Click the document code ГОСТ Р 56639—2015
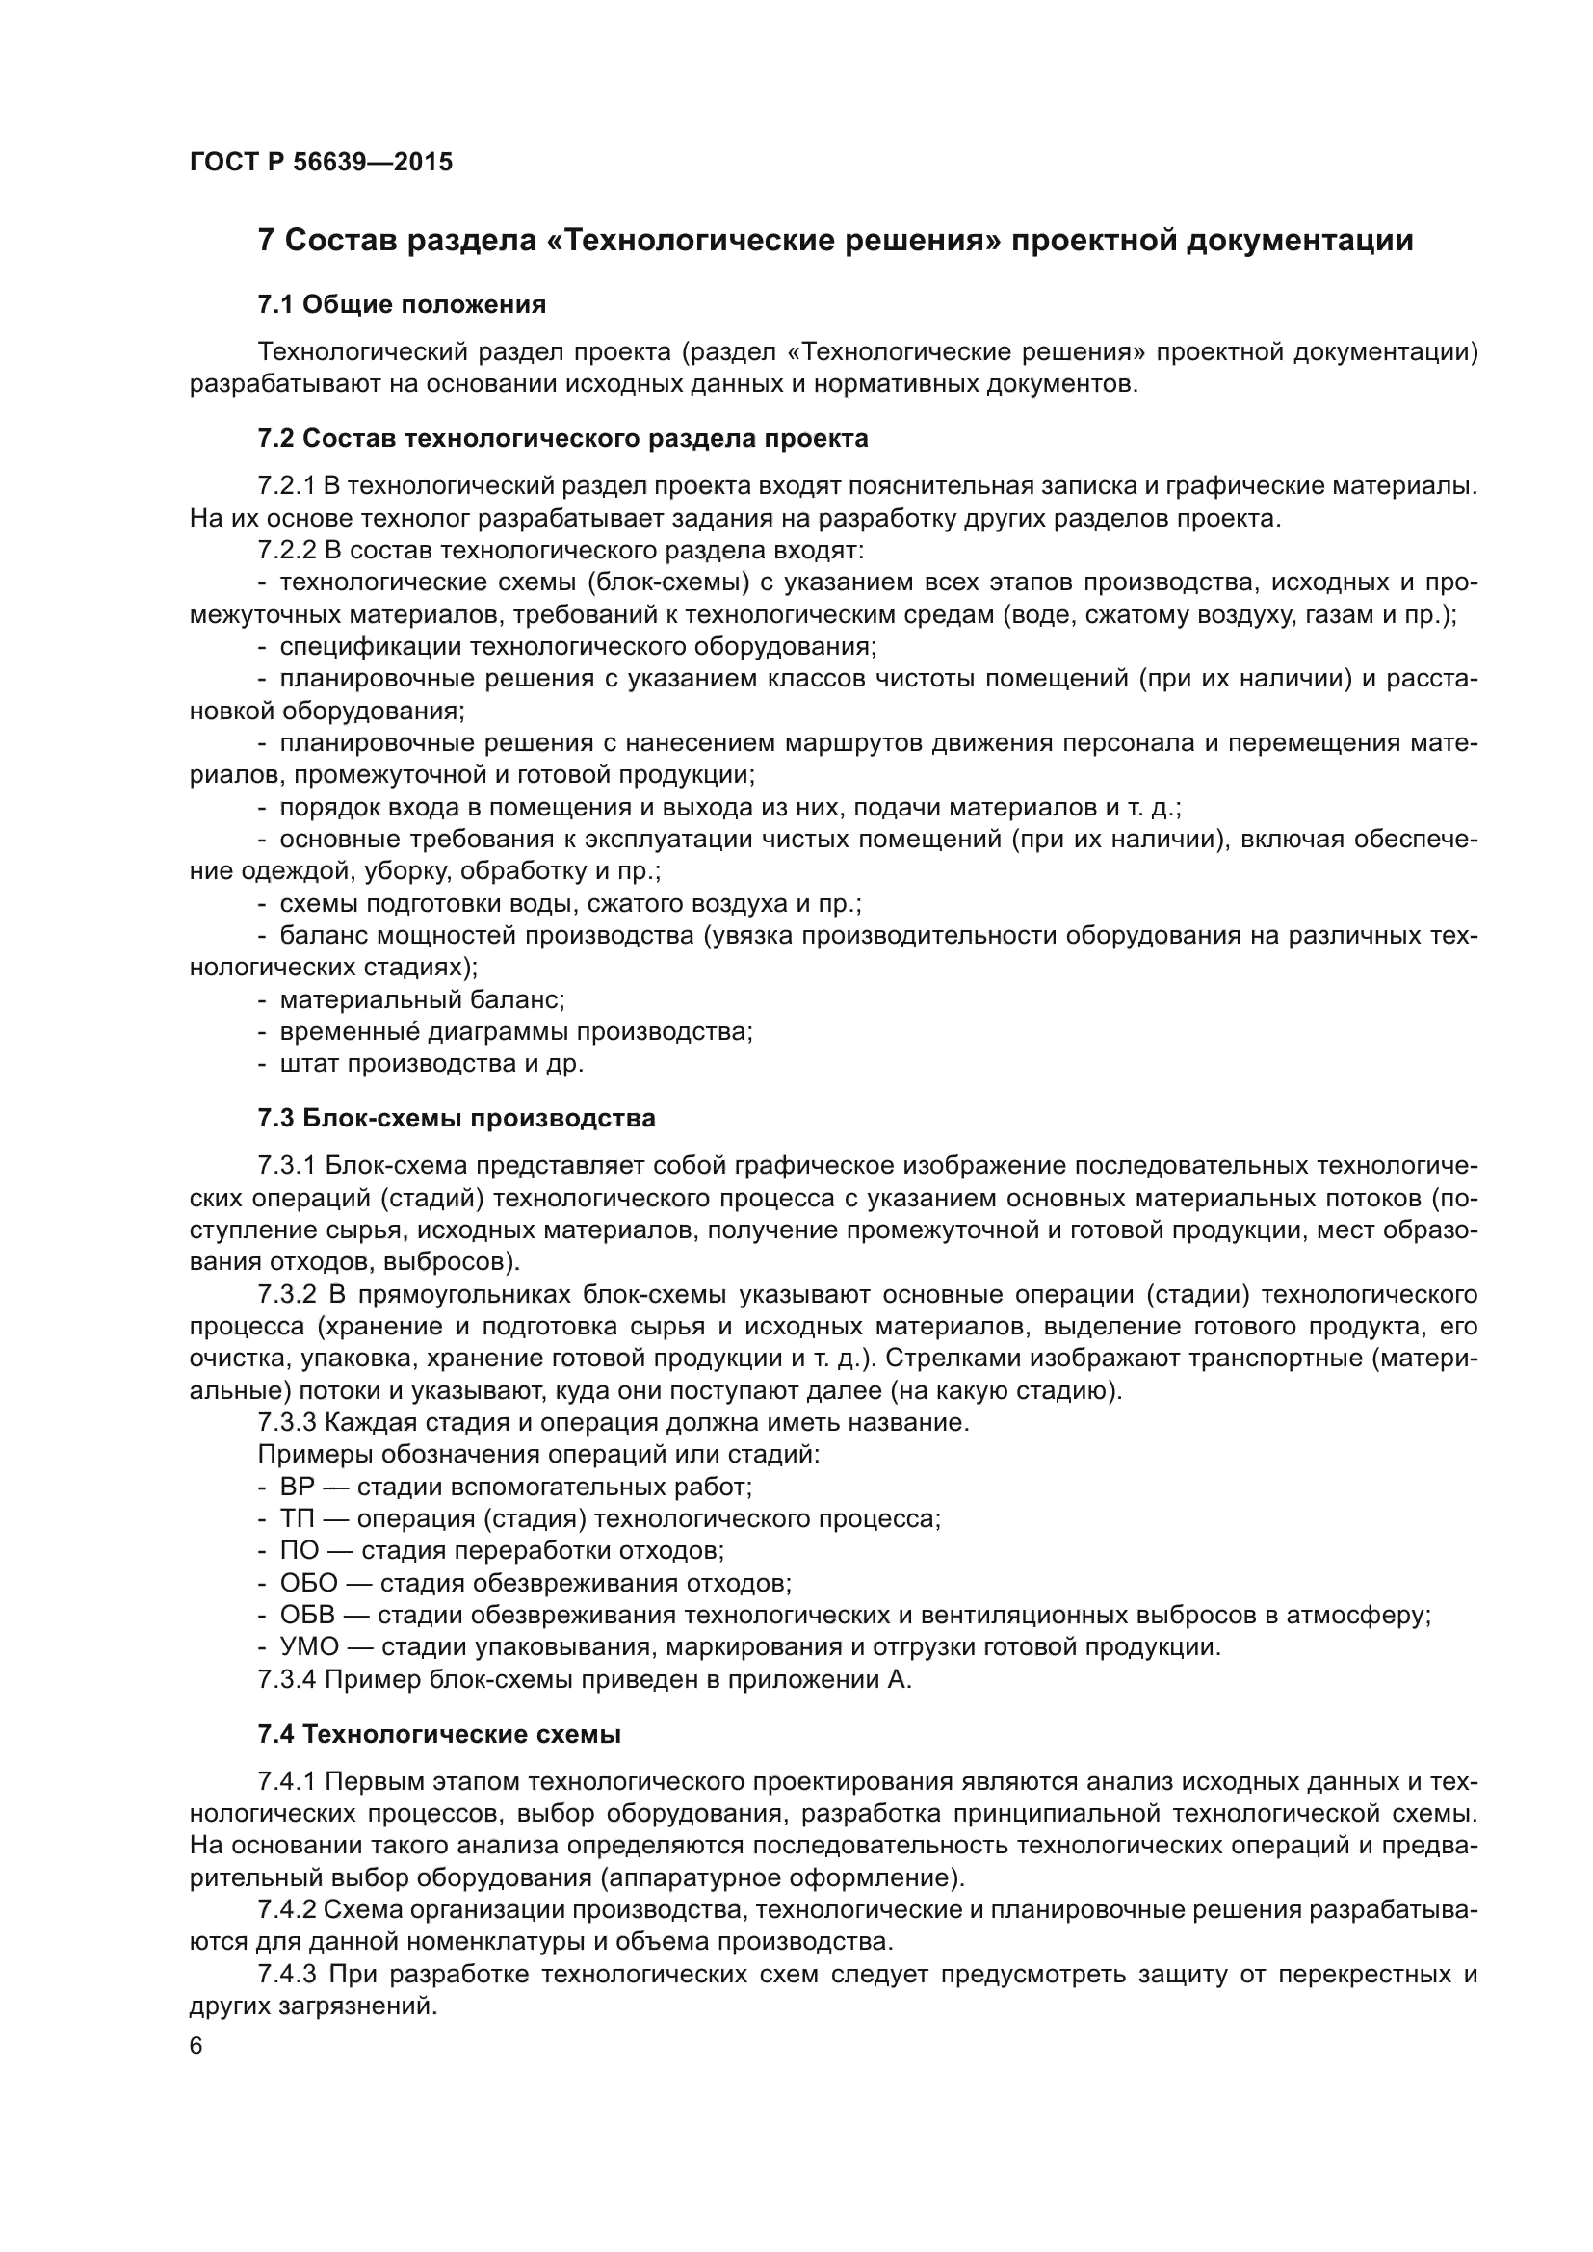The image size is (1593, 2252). (321, 162)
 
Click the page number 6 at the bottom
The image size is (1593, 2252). (196, 2045)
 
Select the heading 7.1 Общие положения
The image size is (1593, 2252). (402, 305)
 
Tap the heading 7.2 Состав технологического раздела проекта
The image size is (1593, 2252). (562, 438)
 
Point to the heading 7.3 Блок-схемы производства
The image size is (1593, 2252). (457, 1118)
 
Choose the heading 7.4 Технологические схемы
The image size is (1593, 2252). (438, 1734)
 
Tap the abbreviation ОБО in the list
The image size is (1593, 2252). (308, 1583)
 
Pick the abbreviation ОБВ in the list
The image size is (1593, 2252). (307, 1616)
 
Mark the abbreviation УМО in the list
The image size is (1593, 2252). (309, 1646)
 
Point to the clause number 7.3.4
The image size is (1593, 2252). (286, 1679)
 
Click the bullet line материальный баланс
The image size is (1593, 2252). (422, 1000)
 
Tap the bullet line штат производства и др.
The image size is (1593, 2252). (431, 1064)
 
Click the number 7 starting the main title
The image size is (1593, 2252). (265, 242)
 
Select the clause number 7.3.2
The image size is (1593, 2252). (286, 1295)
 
